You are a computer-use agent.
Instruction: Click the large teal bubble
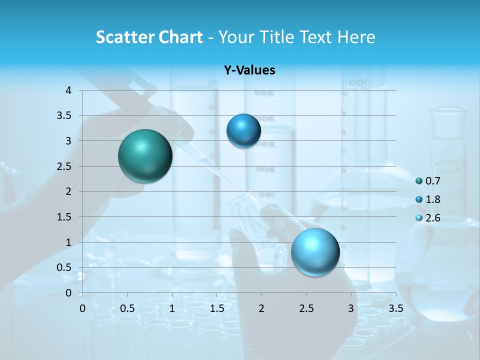pos(145,156)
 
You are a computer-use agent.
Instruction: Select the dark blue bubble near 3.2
pos(243,130)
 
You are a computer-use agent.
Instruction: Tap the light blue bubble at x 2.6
pos(315,252)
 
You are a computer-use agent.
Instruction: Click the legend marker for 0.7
pos(419,181)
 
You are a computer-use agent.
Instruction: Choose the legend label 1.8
pos(432,199)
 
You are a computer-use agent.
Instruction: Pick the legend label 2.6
pos(432,218)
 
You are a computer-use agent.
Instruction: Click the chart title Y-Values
pos(249,70)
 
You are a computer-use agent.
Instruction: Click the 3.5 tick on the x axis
pos(395,308)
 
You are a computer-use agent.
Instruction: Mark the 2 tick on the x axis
pos(261,308)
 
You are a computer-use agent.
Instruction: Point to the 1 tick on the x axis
pos(172,308)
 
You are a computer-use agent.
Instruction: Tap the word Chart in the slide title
pos(180,37)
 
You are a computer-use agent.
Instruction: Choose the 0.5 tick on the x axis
pos(127,308)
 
